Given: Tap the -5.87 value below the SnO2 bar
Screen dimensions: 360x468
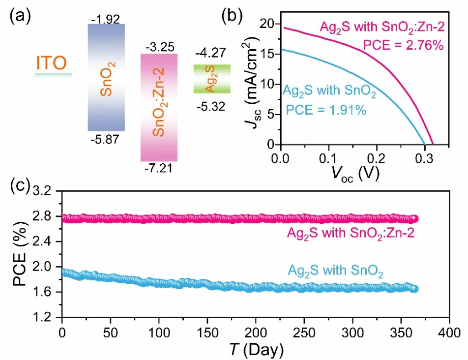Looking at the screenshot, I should [x=106, y=140].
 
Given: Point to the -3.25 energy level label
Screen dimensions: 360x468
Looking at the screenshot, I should [x=159, y=47].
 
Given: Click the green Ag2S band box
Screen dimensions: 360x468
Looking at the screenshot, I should [x=211, y=79].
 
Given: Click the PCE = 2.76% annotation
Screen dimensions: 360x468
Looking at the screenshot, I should [x=404, y=46].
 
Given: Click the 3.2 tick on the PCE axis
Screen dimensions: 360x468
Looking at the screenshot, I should [x=48, y=191].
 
